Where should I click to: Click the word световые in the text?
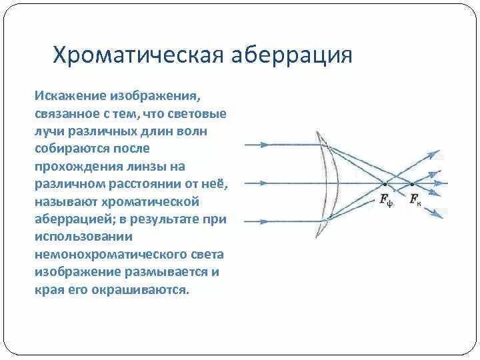201,113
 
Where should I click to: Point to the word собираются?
69,148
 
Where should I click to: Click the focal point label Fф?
386,198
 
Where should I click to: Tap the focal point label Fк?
415,198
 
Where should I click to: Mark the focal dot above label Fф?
385,183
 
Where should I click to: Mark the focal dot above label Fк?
413,183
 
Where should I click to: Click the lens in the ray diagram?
329,181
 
